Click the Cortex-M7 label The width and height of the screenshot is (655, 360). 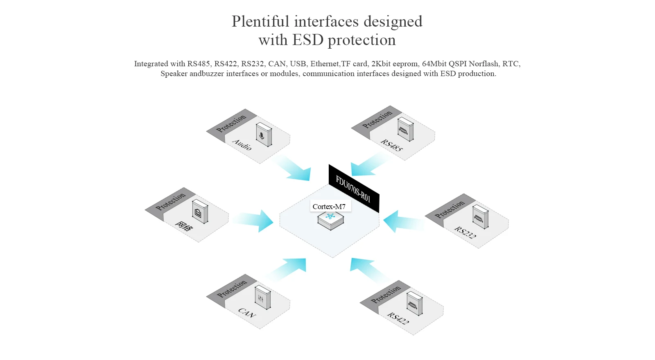point(329,207)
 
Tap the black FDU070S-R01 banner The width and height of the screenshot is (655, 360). point(354,189)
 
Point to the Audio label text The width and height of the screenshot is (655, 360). point(242,144)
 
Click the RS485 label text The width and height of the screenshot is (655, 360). point(391,145)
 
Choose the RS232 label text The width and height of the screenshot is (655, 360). point(465,232)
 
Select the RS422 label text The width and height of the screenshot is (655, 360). point(398,318)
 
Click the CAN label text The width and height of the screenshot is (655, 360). point(247,313)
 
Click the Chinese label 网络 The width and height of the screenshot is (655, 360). point(183,226)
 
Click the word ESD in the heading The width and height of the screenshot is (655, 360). point(308,40)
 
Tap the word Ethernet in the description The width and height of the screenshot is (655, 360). point(325,64)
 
